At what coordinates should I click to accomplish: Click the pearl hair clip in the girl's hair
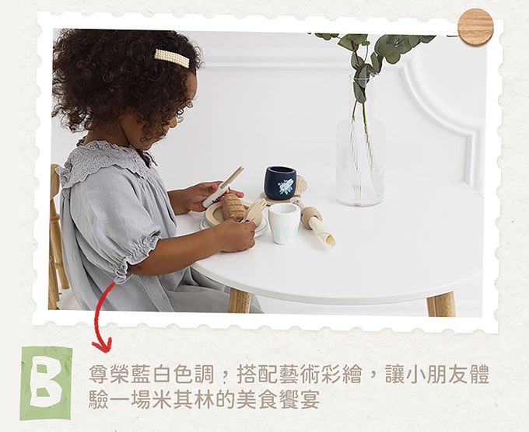point(171,57)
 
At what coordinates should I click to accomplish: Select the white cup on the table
point(284,223)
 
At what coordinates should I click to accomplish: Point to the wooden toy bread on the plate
point(233,206)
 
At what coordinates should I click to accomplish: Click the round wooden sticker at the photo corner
point(475,27)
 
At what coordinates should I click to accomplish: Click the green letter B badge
point(46,381)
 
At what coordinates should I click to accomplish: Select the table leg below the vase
point(441,303)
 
